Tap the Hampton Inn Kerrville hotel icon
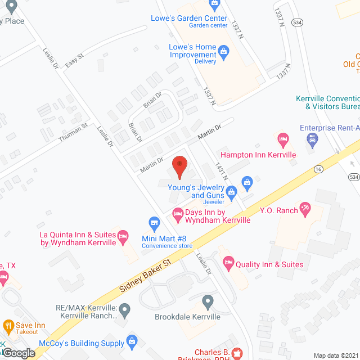pyautogui.click(x=284, y=138)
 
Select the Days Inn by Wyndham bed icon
pyautogui.click(x=177, y=213)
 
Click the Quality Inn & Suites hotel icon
pyautogui.click(x=228, y=262)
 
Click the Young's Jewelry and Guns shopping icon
pyautogui.click(x=246, y=182)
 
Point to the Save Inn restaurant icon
pyautogui.click(x=8, y=326)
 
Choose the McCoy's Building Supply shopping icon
pyautogui.click(x=132, y=341)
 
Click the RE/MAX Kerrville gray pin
pyautogui.click(x=125, y=308)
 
